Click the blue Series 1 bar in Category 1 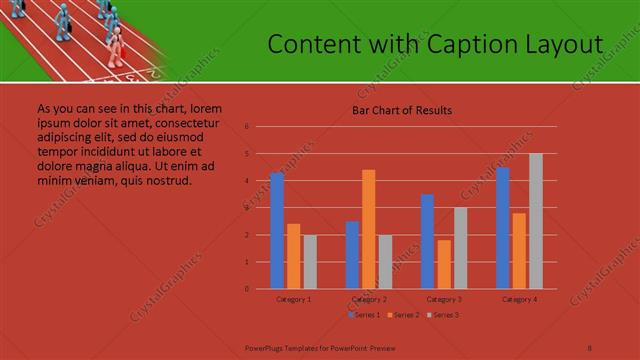(277, 231)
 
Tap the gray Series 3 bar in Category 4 (536, 221)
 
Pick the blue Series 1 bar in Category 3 (427, 241)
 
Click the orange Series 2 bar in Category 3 (444, 264)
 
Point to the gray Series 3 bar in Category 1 (310, 262)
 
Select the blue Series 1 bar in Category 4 (503, 228)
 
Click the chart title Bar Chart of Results (402, 110)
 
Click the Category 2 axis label (369, 299)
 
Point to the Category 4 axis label (519, 299)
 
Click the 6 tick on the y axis (246, 127)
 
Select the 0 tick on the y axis (246, 289)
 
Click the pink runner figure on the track (116, 45)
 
